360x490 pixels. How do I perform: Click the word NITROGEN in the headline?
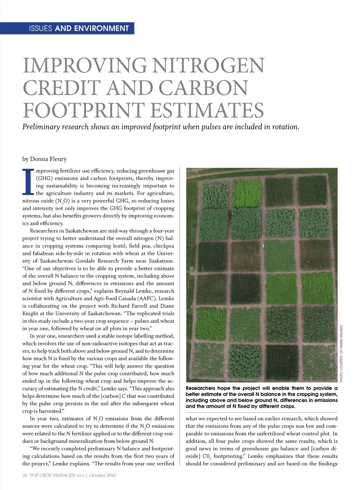click(208, 66)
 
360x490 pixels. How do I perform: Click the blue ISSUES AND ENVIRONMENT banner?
click(79, 28)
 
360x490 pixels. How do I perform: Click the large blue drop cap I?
click(28, 182)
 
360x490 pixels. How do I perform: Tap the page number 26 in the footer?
click(25, 475)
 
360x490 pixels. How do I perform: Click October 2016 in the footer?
click(103, 475)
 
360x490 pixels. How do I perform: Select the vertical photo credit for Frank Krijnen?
click(341, 354)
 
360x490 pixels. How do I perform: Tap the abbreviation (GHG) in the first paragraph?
click(44, 178)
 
